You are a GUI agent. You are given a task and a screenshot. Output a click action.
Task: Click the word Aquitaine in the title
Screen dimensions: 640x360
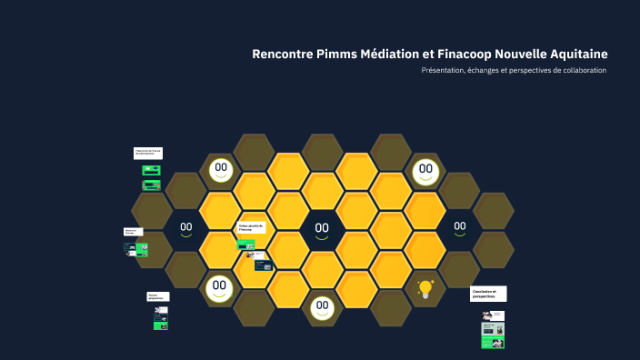coord(575,54)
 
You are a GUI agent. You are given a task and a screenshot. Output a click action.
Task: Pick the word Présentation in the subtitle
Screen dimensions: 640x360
coord(443,71)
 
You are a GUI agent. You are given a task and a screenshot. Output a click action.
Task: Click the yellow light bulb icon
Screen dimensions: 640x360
coord(425,289)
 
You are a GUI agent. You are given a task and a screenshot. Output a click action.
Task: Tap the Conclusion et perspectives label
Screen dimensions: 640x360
coord(488,294)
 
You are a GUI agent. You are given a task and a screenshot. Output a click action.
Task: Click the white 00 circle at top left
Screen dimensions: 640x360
coord(220,168)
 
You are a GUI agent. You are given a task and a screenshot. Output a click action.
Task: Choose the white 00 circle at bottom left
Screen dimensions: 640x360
coord(219,286)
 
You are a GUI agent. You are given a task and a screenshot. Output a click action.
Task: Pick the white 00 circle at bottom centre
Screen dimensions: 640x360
coord(321,306)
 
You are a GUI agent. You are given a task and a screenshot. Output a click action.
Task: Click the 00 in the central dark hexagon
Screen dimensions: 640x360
coord(322,228)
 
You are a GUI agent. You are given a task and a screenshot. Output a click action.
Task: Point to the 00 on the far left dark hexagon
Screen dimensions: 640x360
coord(185,227)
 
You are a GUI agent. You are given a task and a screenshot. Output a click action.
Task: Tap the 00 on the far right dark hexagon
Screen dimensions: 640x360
coord(460,226)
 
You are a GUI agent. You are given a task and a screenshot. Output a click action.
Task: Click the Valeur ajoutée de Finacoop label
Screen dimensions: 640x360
coord(251,227)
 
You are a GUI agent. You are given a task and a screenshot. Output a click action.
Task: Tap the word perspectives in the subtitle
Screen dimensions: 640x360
coord(535,71)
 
